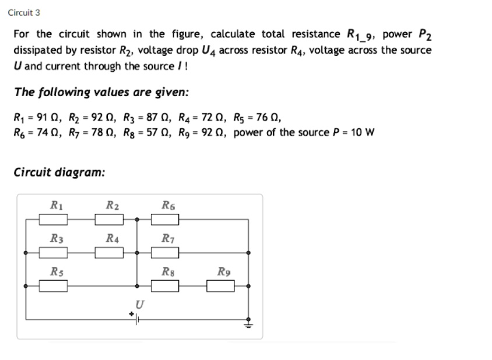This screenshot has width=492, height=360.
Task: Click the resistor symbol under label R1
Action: tap(54, 220)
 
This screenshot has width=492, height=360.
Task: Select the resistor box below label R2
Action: tap(110, 220)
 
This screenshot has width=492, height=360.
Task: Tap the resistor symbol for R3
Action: tap(54, 253)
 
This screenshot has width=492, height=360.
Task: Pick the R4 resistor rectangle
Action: tap(110, 253)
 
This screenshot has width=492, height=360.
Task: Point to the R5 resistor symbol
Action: tap(54, 285)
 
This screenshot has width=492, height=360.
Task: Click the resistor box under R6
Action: tap(166, 220)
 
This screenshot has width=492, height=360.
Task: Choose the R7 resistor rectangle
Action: tap(166, 253)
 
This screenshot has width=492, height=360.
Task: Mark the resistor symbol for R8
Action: tap(166, 285)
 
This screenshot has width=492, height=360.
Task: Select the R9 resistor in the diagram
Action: tap(221, 285)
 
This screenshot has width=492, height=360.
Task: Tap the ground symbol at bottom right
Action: tap(248, 322)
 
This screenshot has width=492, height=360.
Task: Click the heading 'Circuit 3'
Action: tap(24, 12)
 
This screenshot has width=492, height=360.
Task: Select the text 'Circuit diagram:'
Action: tap(59, 173)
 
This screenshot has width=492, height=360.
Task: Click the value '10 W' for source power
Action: tap(362, 132)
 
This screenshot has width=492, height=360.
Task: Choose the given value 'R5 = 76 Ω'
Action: tap(257, 117)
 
